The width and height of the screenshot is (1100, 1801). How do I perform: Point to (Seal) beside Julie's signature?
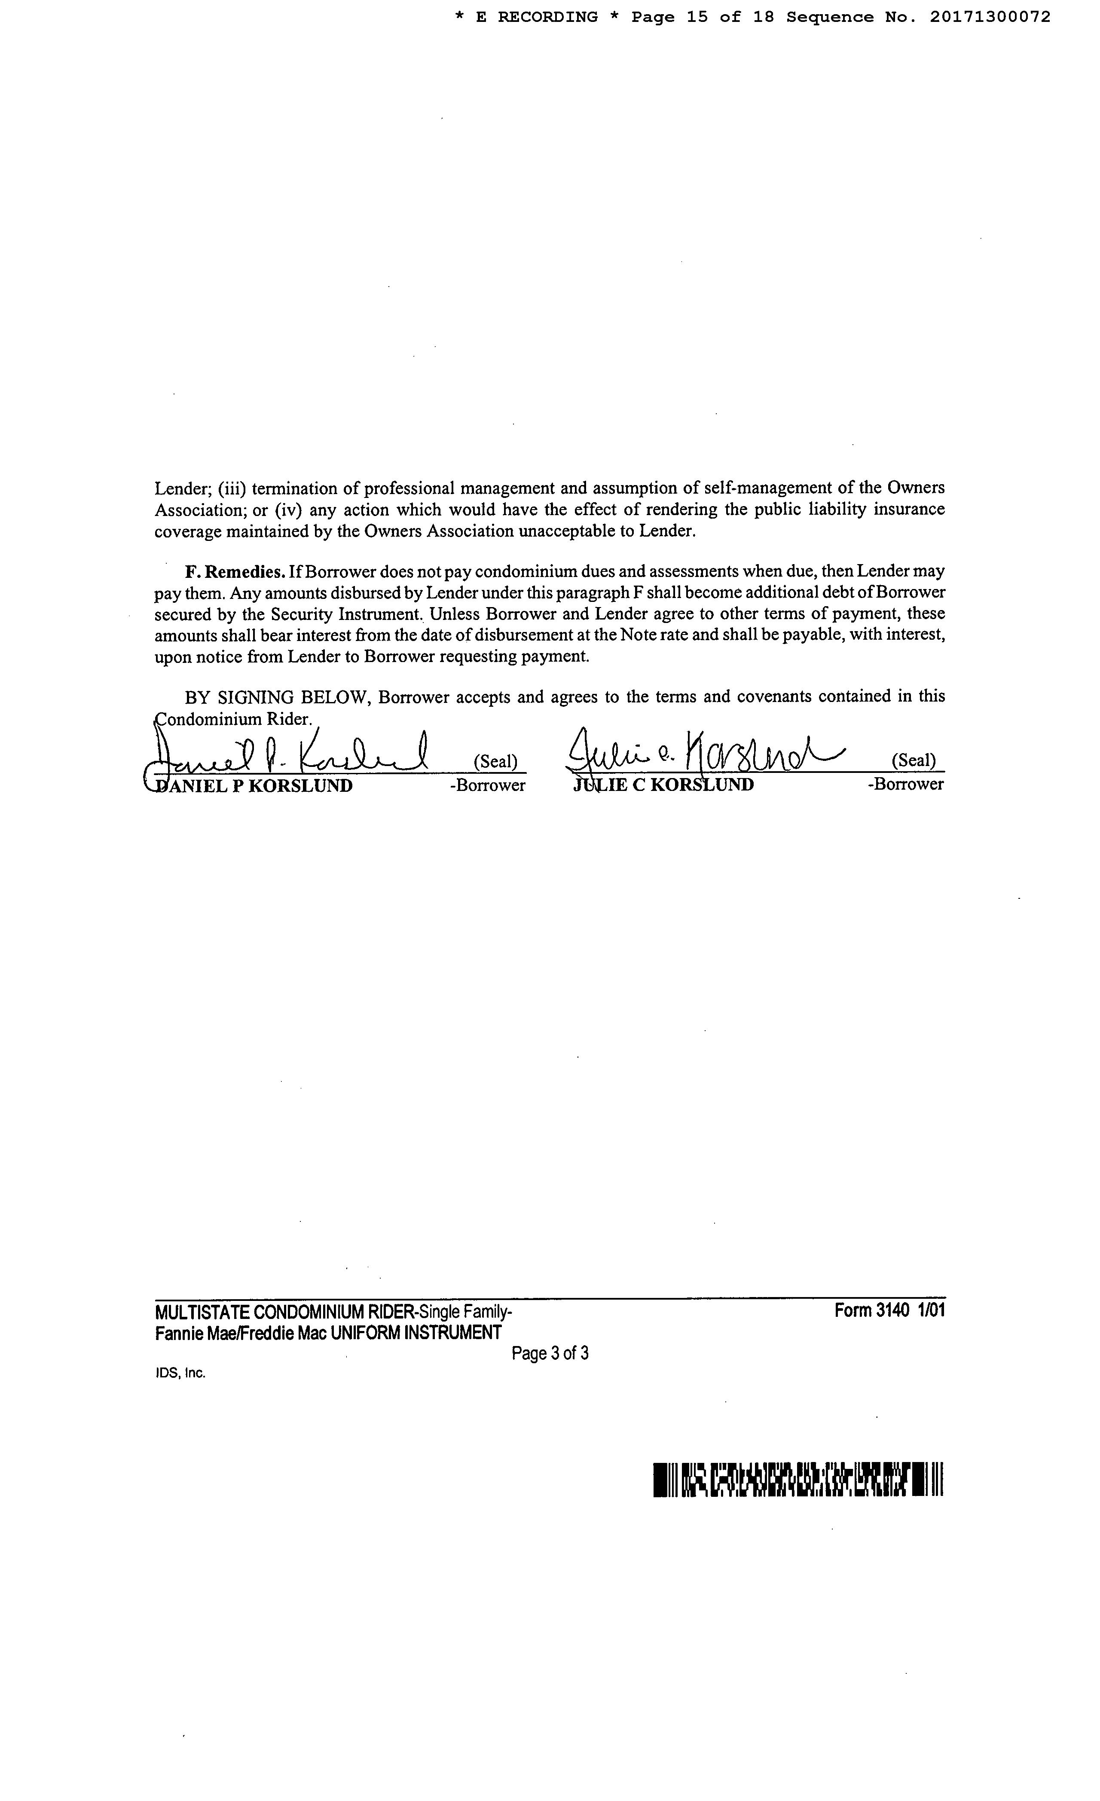(913, 760)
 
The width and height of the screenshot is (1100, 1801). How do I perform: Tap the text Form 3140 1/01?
(889, 1310)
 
